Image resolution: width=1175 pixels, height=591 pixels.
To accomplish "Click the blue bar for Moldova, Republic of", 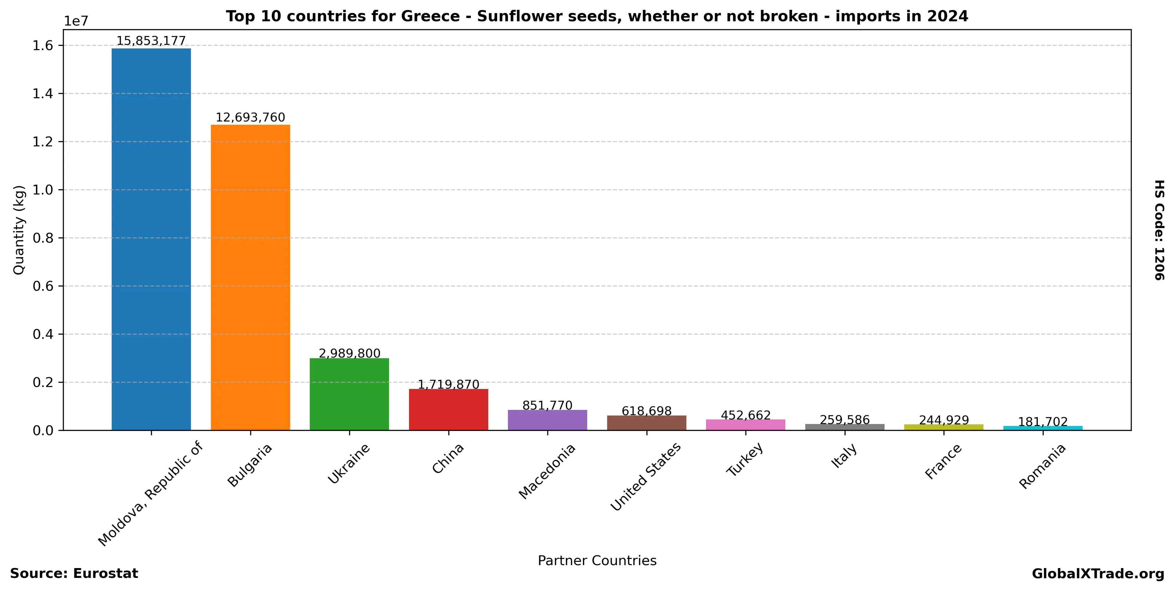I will click(x=151, y=239).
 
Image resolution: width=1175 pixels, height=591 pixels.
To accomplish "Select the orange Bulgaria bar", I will click(x=250, y=277).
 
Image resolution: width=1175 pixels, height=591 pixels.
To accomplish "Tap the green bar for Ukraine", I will click(x=349, y=394).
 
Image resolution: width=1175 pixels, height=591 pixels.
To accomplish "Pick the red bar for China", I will click(x=448, y=409).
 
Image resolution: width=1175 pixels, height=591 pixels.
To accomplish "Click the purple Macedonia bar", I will click(x=547, y=420).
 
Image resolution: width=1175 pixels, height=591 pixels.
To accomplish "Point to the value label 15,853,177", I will click(x=151, y=41).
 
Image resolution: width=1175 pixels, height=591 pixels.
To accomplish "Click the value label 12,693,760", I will click(x=250, y=117).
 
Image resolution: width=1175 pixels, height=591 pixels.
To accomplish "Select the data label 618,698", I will click(x=646, y=411).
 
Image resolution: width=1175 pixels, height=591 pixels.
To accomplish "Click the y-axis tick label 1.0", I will click(x=43, y=190).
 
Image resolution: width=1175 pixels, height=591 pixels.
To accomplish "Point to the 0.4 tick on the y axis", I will click(x=43, y=334).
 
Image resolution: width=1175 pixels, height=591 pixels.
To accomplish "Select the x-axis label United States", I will click(x=646, y=476).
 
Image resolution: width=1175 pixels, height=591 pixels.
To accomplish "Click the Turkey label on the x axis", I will click(x=745, y=460).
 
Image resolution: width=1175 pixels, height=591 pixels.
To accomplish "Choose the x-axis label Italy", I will click(x=844, y=456).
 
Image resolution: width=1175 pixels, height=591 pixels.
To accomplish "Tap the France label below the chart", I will click(x=943, y=461).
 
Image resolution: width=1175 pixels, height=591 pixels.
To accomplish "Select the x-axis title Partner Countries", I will click(x=597, y=560).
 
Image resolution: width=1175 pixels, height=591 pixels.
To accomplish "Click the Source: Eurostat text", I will click(x=74, y=574).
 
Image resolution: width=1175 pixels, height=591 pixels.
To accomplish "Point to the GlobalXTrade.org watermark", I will click(x=1098, y=574).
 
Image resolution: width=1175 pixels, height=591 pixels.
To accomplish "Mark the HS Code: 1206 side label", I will click(x=1159, y=230).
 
